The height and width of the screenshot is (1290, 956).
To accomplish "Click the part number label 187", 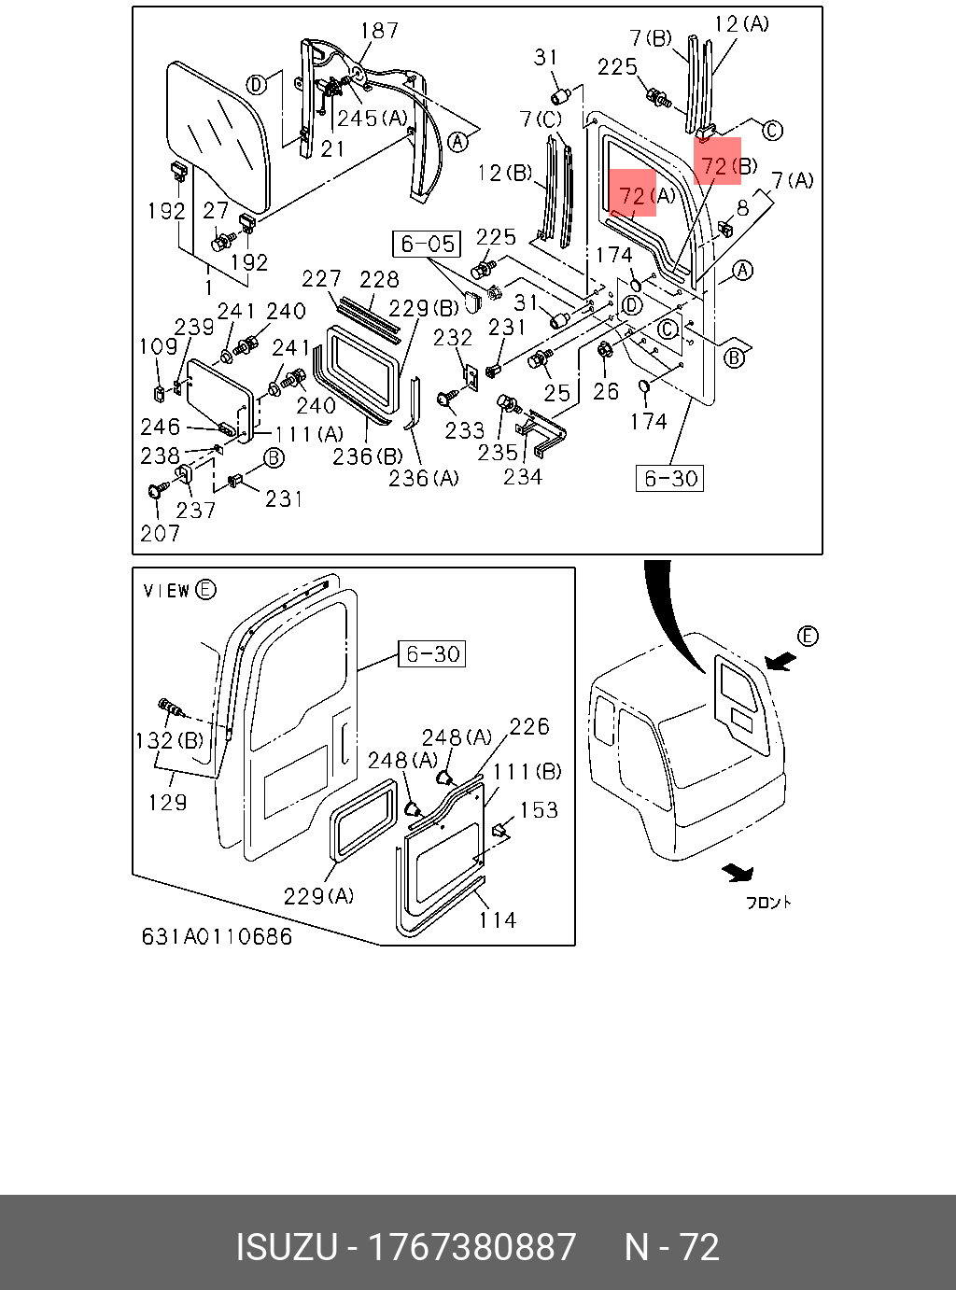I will point(379,31).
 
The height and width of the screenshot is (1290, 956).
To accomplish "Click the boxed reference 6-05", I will point(428,245).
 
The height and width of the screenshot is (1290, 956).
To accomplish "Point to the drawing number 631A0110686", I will point(217,936).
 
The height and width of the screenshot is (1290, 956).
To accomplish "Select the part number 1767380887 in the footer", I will point(471,1247).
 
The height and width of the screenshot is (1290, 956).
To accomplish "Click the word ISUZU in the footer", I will point(286,1247).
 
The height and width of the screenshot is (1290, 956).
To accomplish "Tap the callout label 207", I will point(160,533).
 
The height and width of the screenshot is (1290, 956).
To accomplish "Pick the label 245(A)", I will point(373,119).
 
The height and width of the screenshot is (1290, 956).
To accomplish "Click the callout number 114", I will point(497,920).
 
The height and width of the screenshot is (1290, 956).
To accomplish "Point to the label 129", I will point(167,802).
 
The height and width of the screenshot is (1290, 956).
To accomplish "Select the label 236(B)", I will point(368,456).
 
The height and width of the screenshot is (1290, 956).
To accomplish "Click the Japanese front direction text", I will point(767,902).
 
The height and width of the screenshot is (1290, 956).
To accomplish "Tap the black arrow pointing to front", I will point(738,873).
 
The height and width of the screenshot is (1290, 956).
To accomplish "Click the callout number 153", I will point(539,810).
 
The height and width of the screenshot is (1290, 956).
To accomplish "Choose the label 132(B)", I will point(169,741).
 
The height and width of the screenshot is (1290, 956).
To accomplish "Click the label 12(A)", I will point(741,23).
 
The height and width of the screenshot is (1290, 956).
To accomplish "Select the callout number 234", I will point(522,477).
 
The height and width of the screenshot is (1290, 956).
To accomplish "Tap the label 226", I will point(529,726).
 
